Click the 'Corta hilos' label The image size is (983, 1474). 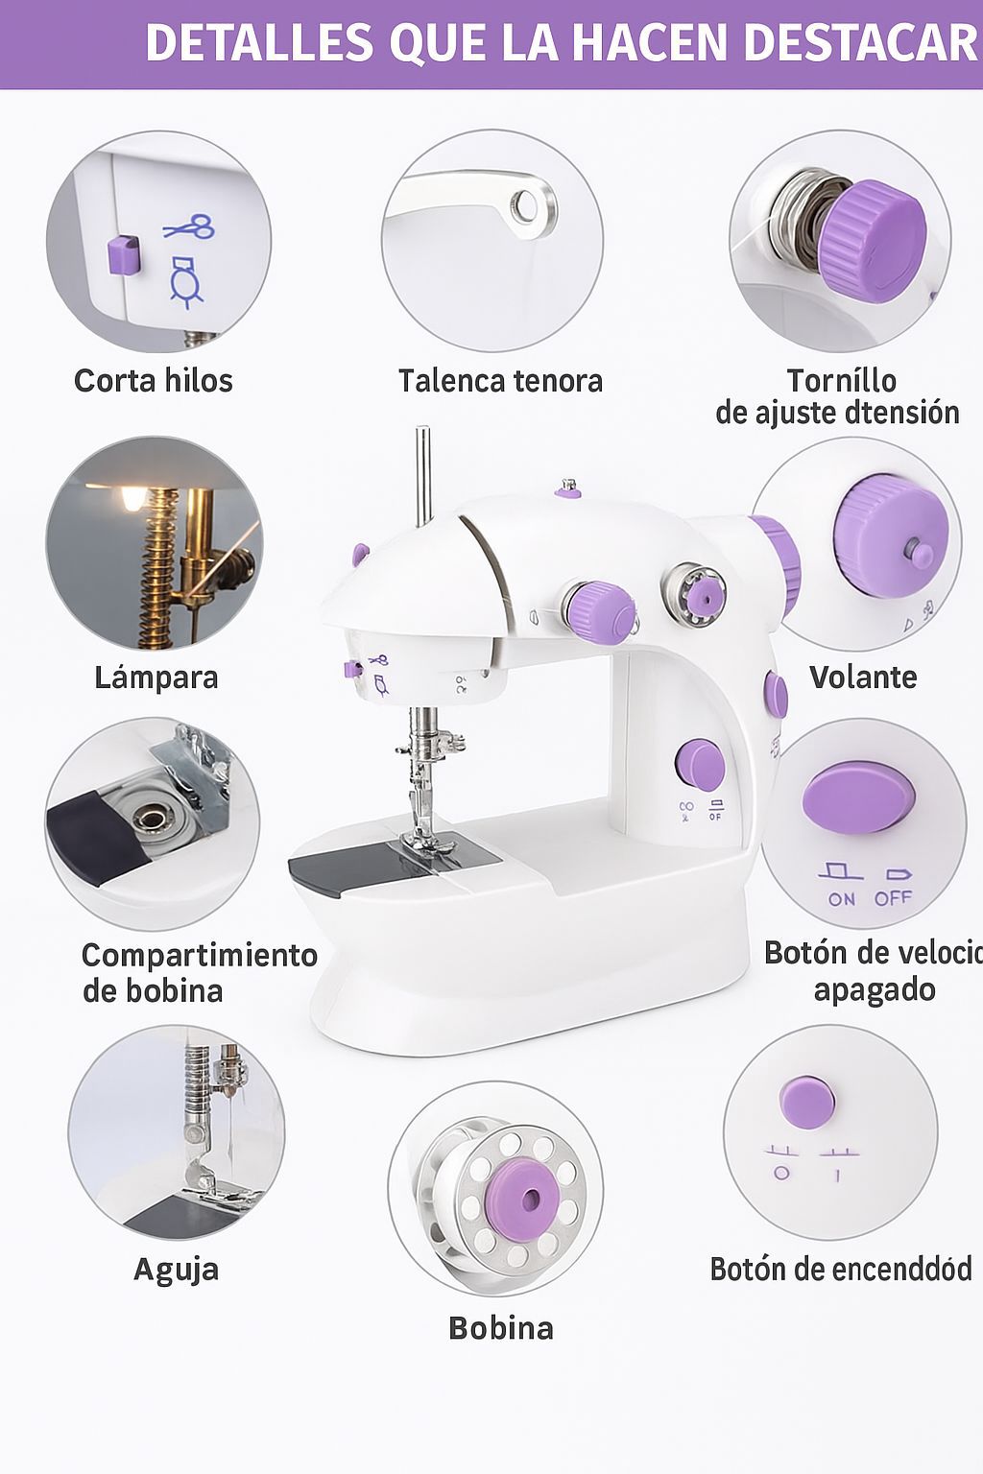154,381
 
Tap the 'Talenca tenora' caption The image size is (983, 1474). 500,381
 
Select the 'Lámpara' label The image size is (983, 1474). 156,678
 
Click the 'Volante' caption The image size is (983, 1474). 863,677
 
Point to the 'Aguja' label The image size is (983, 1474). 176,1269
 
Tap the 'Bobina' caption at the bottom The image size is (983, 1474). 500,1328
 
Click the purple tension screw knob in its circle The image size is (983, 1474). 871,236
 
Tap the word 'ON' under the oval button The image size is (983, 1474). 841,899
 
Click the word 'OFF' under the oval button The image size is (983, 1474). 893,898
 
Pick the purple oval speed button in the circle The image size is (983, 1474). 857,796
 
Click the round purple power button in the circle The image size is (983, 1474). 806,1102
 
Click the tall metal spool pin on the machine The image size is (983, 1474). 422,475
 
